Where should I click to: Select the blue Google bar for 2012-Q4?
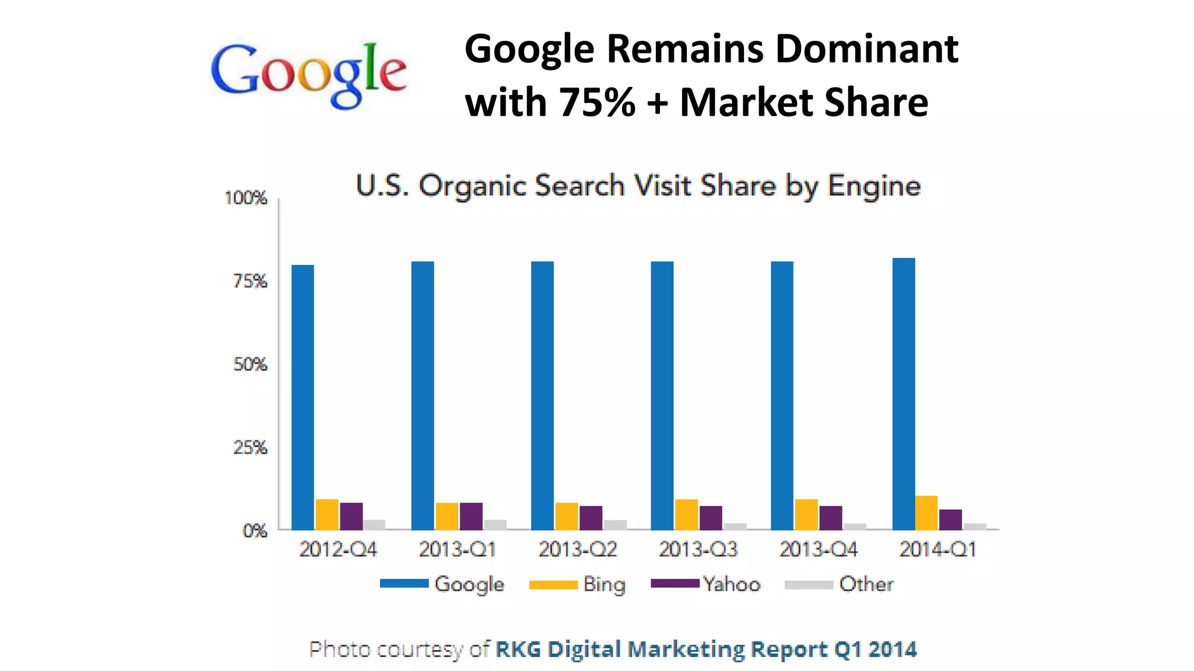303,396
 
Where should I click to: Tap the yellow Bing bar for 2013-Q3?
686,515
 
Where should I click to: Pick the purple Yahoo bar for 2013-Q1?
471,516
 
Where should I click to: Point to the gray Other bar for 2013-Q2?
615,525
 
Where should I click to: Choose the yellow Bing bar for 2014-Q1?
926,513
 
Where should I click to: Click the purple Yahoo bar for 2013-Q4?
831,518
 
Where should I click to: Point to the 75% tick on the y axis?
250,281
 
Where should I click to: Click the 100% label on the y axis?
245,198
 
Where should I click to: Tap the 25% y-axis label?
250,447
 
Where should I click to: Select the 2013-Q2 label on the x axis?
577,549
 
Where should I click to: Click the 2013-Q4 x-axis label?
818,549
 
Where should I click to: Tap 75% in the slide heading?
596,103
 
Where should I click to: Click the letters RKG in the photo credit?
518,649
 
